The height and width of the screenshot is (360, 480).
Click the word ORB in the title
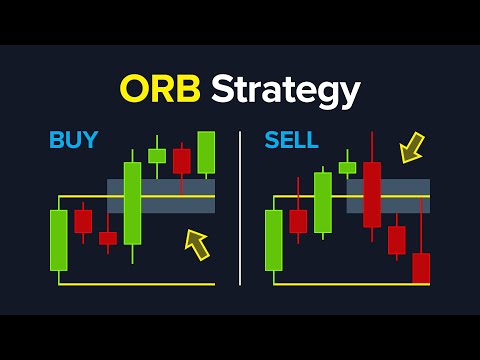(162, 90)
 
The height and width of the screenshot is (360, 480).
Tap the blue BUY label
(73, 140)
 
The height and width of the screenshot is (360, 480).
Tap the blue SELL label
(291, 140)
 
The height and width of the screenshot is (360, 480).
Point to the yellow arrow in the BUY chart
(198, 244)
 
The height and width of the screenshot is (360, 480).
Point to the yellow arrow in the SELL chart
(411, 149)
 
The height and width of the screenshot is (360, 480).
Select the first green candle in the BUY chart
(59, 240)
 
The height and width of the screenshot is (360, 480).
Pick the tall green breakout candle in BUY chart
(132, 202)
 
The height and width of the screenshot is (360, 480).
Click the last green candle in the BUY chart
(206, 152)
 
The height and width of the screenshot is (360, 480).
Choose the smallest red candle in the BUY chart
(108, 238)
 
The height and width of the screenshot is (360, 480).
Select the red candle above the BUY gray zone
(181, 160)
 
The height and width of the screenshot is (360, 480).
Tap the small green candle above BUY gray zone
(157, 155)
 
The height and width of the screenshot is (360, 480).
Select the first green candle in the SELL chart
(273, 240)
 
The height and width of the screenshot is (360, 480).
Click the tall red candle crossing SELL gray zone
(372, 194)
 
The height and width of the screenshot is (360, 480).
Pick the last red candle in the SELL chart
(421, 268)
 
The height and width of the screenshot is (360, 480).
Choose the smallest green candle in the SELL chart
(347, 168)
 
